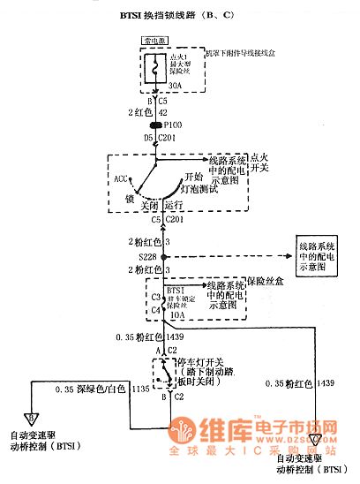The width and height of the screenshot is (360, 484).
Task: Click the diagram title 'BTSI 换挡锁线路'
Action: click(168, 16)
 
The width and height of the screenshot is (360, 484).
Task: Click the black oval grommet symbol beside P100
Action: click(156, 125)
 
